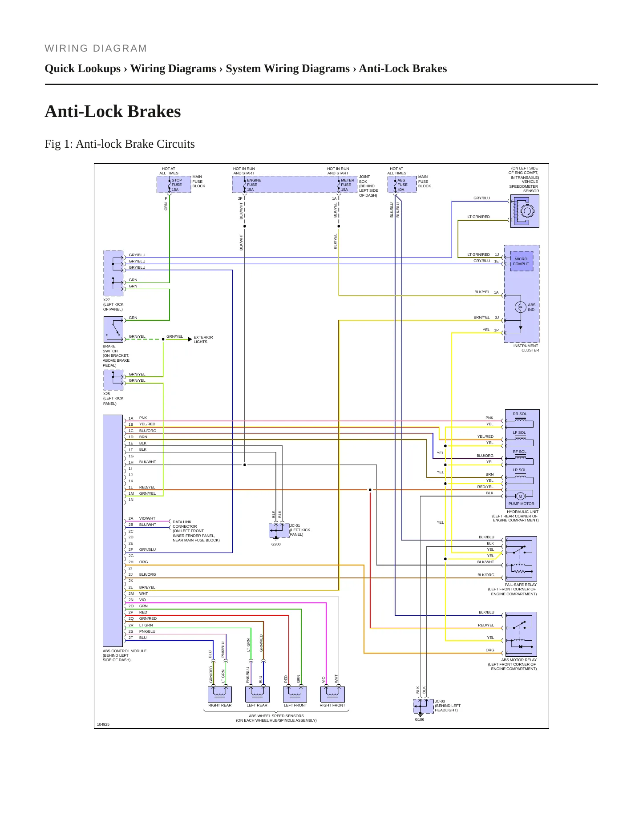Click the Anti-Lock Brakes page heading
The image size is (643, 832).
tap(113, 112)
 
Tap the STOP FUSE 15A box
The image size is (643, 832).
tap(174, 185)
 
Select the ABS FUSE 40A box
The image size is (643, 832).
tap(402, 185)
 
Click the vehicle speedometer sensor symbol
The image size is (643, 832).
tap(525, 212)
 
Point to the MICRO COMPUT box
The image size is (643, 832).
tap(521, 261)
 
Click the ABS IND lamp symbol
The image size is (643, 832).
tap(520, 307)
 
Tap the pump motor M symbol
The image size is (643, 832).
tap(520, 496)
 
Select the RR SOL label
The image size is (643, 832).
tap(520, 414)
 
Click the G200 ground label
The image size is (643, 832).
tap(276, 544)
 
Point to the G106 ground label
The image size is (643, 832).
tap(419, 719)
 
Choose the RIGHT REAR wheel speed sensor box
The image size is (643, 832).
tap(220, 694)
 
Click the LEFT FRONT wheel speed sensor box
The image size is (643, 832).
tap(295, 694)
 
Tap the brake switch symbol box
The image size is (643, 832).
tap(113, 330)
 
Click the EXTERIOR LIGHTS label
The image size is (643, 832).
tap(203, 339)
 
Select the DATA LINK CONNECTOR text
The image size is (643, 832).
tap(185, 524)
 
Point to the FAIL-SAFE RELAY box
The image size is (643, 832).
tap(521, 558)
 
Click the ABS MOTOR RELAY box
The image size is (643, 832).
tap(521, 634)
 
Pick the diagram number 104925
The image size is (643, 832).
tap(103, 724)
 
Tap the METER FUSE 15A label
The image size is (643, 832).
tap(347, 185)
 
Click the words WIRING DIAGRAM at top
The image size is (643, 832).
tap(96, 48)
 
